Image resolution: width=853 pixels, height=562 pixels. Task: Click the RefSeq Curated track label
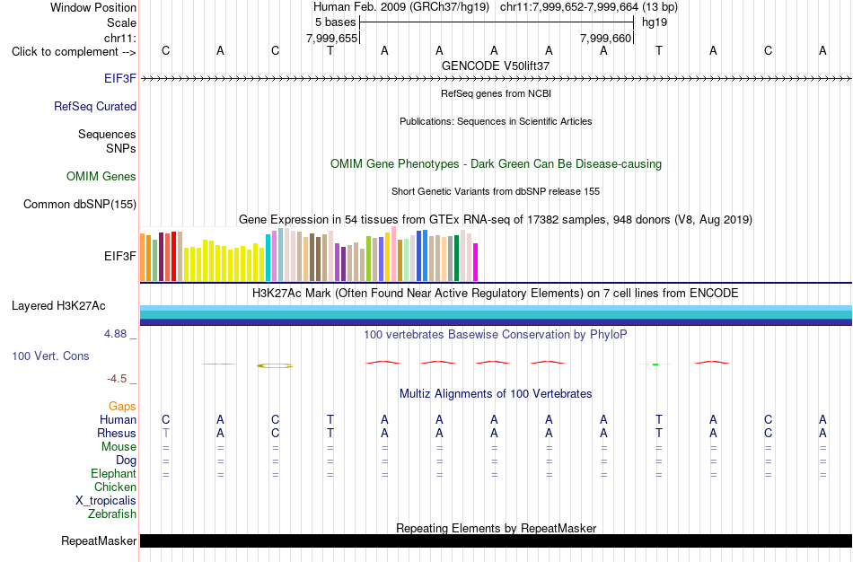tap(94, 106)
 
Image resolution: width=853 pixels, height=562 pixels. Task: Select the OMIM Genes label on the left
tap(101, 176)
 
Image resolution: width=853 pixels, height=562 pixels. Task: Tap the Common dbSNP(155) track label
tap(80, 204)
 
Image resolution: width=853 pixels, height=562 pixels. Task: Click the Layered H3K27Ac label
tap(58, 306)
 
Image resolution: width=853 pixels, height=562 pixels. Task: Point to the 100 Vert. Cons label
tap(50, 356)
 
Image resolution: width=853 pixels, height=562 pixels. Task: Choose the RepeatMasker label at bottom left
tap(99, 540)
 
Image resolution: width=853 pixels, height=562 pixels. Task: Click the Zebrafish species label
tap(112, 514)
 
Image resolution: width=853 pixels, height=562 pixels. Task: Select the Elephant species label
tap(114, 473)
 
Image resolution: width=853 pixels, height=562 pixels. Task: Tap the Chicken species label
tap(115, 487)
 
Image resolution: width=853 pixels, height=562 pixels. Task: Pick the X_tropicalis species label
tap(106, 501)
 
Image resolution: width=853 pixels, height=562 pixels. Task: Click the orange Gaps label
tap(122, 407)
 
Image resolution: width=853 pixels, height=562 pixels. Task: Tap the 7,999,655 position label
tap(332, 38)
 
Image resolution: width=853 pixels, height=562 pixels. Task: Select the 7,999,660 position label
tap(605, 38)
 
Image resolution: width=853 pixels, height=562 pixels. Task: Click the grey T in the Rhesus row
tap(166, 433)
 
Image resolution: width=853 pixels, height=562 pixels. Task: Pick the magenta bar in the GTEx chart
tap(476, 261)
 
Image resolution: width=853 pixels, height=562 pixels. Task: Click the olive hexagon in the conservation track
tap(275, 365)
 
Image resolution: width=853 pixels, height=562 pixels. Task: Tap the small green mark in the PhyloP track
tap(655, 364)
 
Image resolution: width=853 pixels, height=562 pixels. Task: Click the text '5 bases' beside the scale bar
tap(335, 22)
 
